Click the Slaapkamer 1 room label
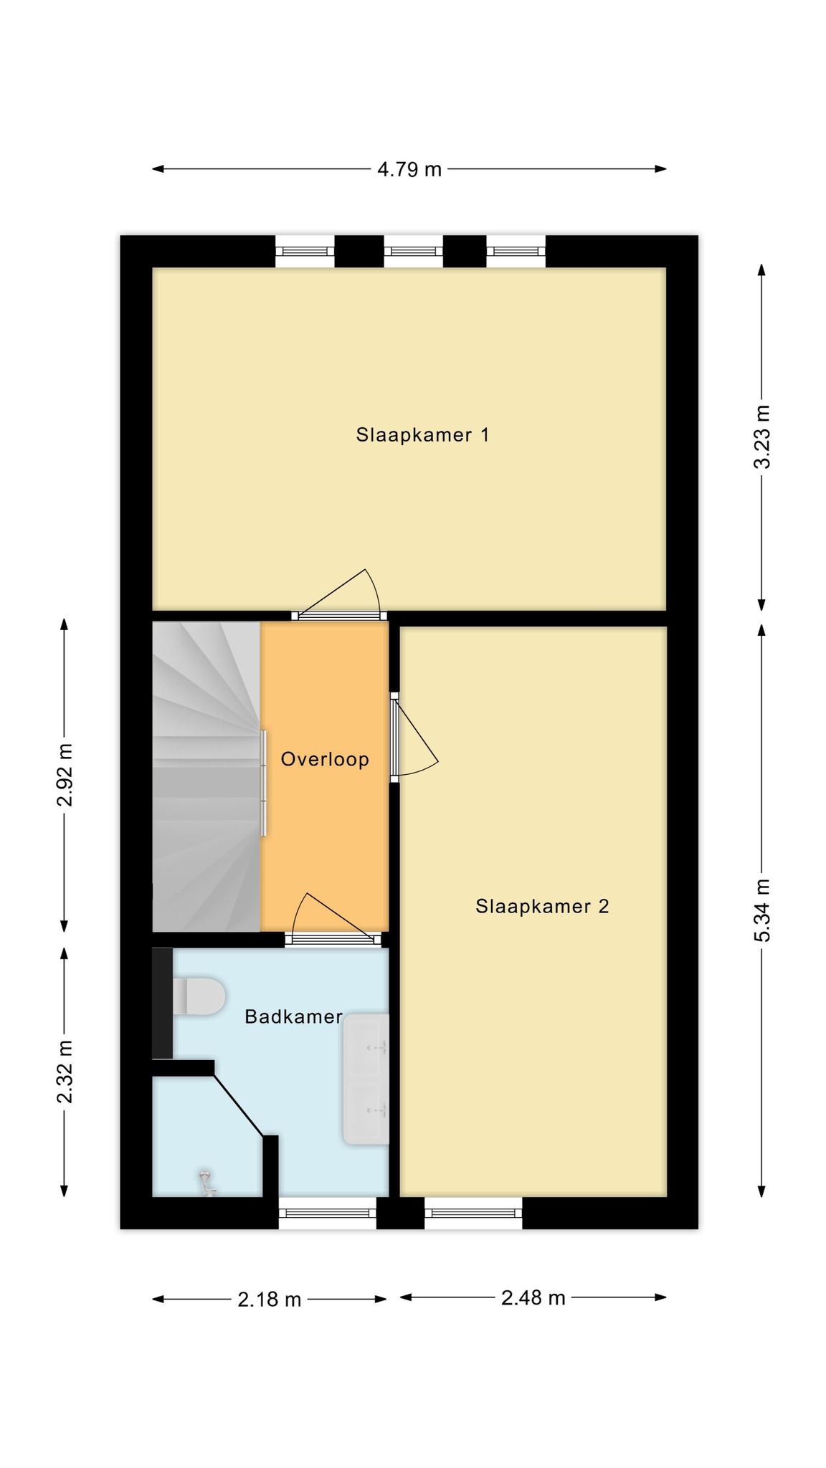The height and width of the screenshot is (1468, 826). [x=422, y=435]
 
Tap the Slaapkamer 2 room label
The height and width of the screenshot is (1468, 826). [x=542, y=907]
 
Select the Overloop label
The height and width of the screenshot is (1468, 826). [x=325, y=759]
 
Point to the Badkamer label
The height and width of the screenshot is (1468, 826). [x=293, y=1016]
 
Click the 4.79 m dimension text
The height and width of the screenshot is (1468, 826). [x=409, y=170]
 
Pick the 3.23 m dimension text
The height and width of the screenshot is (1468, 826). [x=763, y=437]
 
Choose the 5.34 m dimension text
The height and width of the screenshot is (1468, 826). [x=763, y=910]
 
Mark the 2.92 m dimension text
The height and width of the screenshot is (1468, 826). [x=65, y=775]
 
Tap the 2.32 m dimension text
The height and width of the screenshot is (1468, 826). [x=65, y=1072]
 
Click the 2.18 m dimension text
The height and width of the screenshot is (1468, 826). [x=270, y=1300]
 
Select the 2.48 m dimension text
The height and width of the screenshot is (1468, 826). [x=533, y=1298]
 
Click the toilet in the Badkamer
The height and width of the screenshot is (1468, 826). [x=199, y=996]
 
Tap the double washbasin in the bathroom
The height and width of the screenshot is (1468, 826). [x=366, y=1079]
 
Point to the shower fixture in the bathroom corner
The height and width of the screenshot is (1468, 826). [x=208, y=1182]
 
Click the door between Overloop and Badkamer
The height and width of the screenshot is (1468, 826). [x=333, y=920]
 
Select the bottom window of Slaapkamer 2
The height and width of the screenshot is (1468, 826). [x=473, y=1213]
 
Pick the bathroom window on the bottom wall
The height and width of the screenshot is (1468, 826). [x=328, y=1213]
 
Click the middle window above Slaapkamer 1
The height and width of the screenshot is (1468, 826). [x=414, y=251]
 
